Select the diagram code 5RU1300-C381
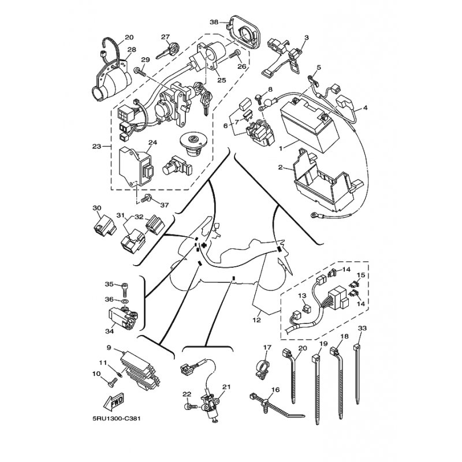pyautogui.click(x=114, y=419)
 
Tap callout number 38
pyautogui.click(x=214, y=22)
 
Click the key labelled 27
pyautogui.click(x=167, y=50)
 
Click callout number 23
pyautogui.click(x=96, y=146)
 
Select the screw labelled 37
pyautogui.click(x=146, y=199)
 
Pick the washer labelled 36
pyautogui.click(x=125, y=301)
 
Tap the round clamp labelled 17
pyautogui.click(x=264, y=368)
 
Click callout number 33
pyautogui.click(x=362, y=328)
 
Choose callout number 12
pyautogui.click(x=256, y=319)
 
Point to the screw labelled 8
pyautogui.click(x=258, y=99)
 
